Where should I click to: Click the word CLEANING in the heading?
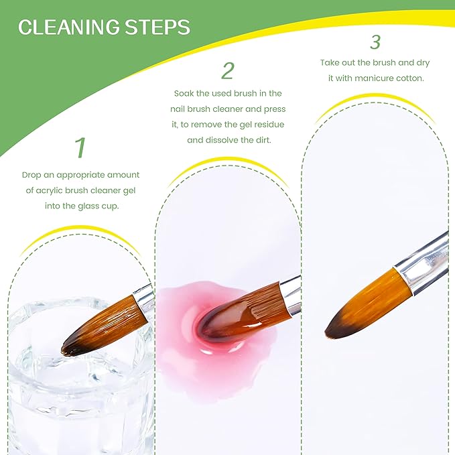coord(68,27)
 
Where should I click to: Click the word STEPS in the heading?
coord(157,27)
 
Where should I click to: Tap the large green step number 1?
coord(80,147)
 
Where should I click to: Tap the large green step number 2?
coord(228,70)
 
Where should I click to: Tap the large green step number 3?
coord(375,42)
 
